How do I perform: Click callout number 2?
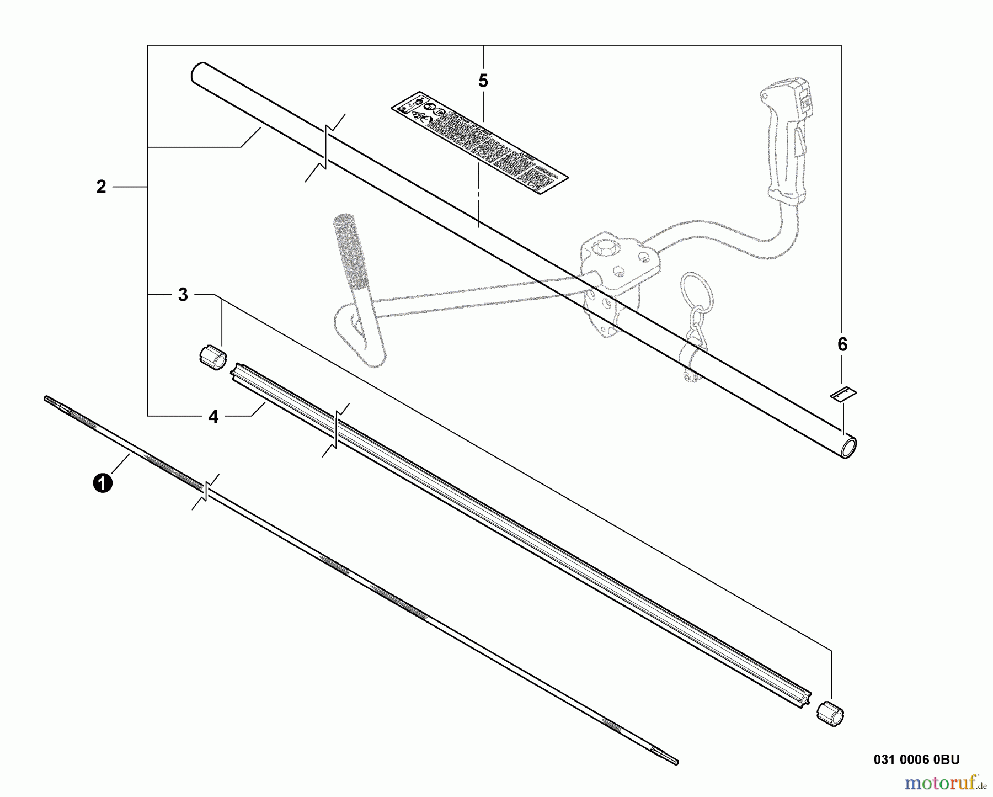coord(101,187)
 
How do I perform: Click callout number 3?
coord(183,295)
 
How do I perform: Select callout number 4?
coord(213,417)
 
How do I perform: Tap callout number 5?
coord(483,82)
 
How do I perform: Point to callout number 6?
coord(842,344)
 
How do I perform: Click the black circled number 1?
coord(103,483)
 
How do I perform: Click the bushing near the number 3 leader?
coord(212,356)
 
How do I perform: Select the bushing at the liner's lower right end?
coord(831,714)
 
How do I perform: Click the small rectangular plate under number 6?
coord(843,394)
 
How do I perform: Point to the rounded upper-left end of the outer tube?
coord(198,71)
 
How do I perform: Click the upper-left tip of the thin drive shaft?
coord(47,397)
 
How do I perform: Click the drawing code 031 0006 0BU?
coord(916,759)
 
